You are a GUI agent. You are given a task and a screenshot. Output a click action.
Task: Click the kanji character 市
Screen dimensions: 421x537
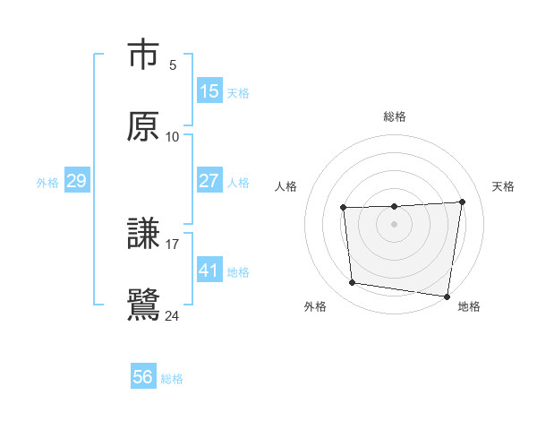coord(143,56)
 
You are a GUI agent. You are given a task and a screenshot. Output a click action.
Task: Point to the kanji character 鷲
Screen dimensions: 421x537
coord(143,305)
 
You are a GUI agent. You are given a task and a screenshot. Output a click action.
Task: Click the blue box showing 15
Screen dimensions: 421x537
coord(209,90)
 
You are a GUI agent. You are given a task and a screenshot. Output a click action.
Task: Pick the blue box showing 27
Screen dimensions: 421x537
coord(209,180)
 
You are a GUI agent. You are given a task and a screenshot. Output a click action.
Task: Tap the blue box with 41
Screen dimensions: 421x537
coord(209,270)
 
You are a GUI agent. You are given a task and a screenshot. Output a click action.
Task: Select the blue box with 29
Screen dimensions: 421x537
coord(76,181)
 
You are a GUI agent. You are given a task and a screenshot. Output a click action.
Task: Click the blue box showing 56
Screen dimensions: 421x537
coord(143,377)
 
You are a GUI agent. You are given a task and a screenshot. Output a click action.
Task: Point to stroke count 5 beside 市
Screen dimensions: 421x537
coord(173,64)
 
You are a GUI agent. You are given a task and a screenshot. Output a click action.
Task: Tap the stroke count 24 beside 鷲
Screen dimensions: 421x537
coord(173,315)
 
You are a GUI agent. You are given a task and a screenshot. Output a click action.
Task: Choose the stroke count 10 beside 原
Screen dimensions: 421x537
coord(173,136)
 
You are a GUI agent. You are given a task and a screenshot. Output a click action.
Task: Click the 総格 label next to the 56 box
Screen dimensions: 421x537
coord(172,379)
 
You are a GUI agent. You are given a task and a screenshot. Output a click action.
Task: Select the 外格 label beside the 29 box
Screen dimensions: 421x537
coord(47,182)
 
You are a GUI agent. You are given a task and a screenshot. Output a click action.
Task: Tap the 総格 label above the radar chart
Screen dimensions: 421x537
coord(395,116)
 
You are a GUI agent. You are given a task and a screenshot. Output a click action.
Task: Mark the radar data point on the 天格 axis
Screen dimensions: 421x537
coord(462,202)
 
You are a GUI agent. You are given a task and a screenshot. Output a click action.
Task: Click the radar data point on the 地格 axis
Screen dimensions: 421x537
coord(447,296)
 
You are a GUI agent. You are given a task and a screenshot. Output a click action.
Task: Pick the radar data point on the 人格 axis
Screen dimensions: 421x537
coord(343,209)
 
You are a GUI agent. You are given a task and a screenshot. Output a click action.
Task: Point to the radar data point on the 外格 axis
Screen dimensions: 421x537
coord(353,283)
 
